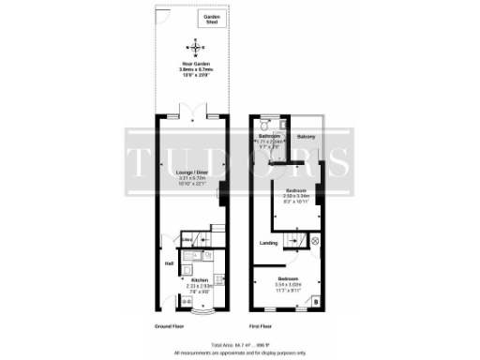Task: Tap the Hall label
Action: pos(170,263)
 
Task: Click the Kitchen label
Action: pos(199,280)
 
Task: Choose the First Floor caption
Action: pos(260,325)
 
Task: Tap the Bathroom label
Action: pos(270,137)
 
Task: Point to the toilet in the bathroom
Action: pos(266,126)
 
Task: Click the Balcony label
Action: pos(306,138)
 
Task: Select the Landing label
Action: pos(267,243)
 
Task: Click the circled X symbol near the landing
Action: pos(315,241)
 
